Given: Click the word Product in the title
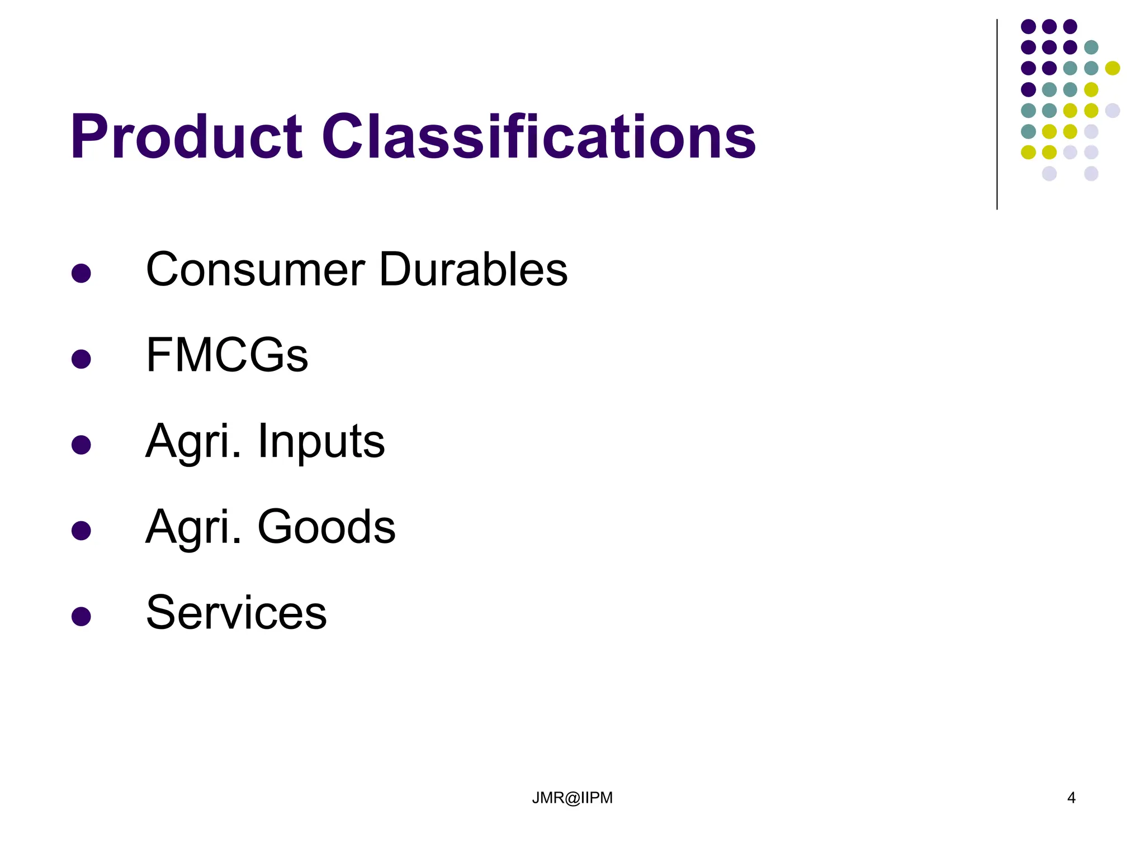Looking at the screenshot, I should (186, 137).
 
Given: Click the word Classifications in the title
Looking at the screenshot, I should (538, 137).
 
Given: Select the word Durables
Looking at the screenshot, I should (473, 270).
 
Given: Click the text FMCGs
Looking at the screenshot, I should (226, 355).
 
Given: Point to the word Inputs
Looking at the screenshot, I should (321, 441).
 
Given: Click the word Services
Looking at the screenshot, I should (236, 613).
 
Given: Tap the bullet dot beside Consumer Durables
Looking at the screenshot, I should (82, 273).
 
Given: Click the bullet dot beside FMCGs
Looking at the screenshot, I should (82, 359).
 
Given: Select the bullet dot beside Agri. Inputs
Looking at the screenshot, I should (82, 445).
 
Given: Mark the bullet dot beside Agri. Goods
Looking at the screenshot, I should (82, 531).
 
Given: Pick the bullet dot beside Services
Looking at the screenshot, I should (82, 617).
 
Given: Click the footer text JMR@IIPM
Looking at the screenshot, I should (572, 798).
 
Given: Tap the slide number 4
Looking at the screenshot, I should (1071, 798).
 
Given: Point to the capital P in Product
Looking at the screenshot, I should (89, 137).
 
